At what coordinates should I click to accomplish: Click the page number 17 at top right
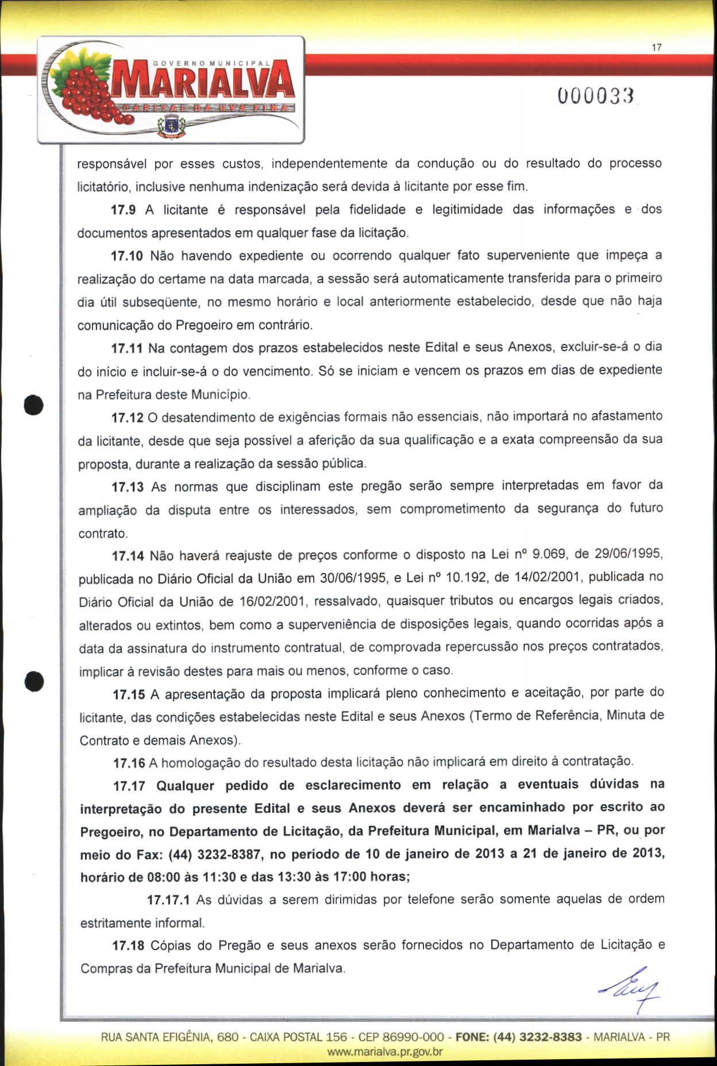tap(657, 48)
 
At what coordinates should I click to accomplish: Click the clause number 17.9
tap(123, 210)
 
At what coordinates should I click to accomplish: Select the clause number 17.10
tap(126, 256)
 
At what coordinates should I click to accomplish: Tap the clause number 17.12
tap(127, 418)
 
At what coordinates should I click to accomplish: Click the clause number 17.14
tap(128, 556)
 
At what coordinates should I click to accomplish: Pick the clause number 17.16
tap(129, 763)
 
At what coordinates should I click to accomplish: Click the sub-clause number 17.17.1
tap(168, 900)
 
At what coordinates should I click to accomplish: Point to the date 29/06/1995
tap(629, 554)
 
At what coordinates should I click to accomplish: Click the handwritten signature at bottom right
tap(630, 990)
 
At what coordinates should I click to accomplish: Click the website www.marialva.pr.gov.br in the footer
tap(384, 1052)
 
